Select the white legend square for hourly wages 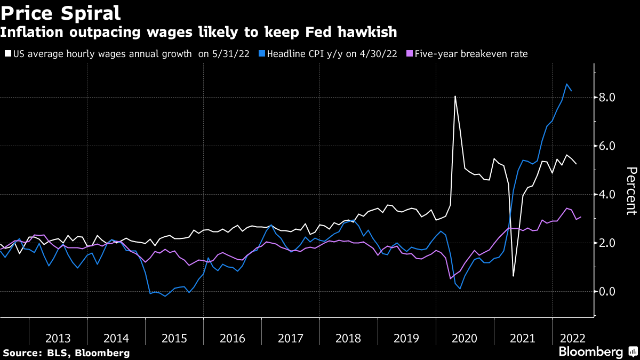[x=7, y=54]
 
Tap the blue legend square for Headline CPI [x=261, y=54]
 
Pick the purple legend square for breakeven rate [x=409, y=54]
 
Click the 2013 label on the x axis [x=58, y=338]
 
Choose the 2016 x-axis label [x=232, y=338]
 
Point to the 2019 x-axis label [x=407, y=338]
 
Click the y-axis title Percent [x=631, y=191]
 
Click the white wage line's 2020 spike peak [x=455, y=97]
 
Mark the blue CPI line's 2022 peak [x=566, y=84]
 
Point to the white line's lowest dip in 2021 [x=513, y=276]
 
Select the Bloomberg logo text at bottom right [x=590, y=352]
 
